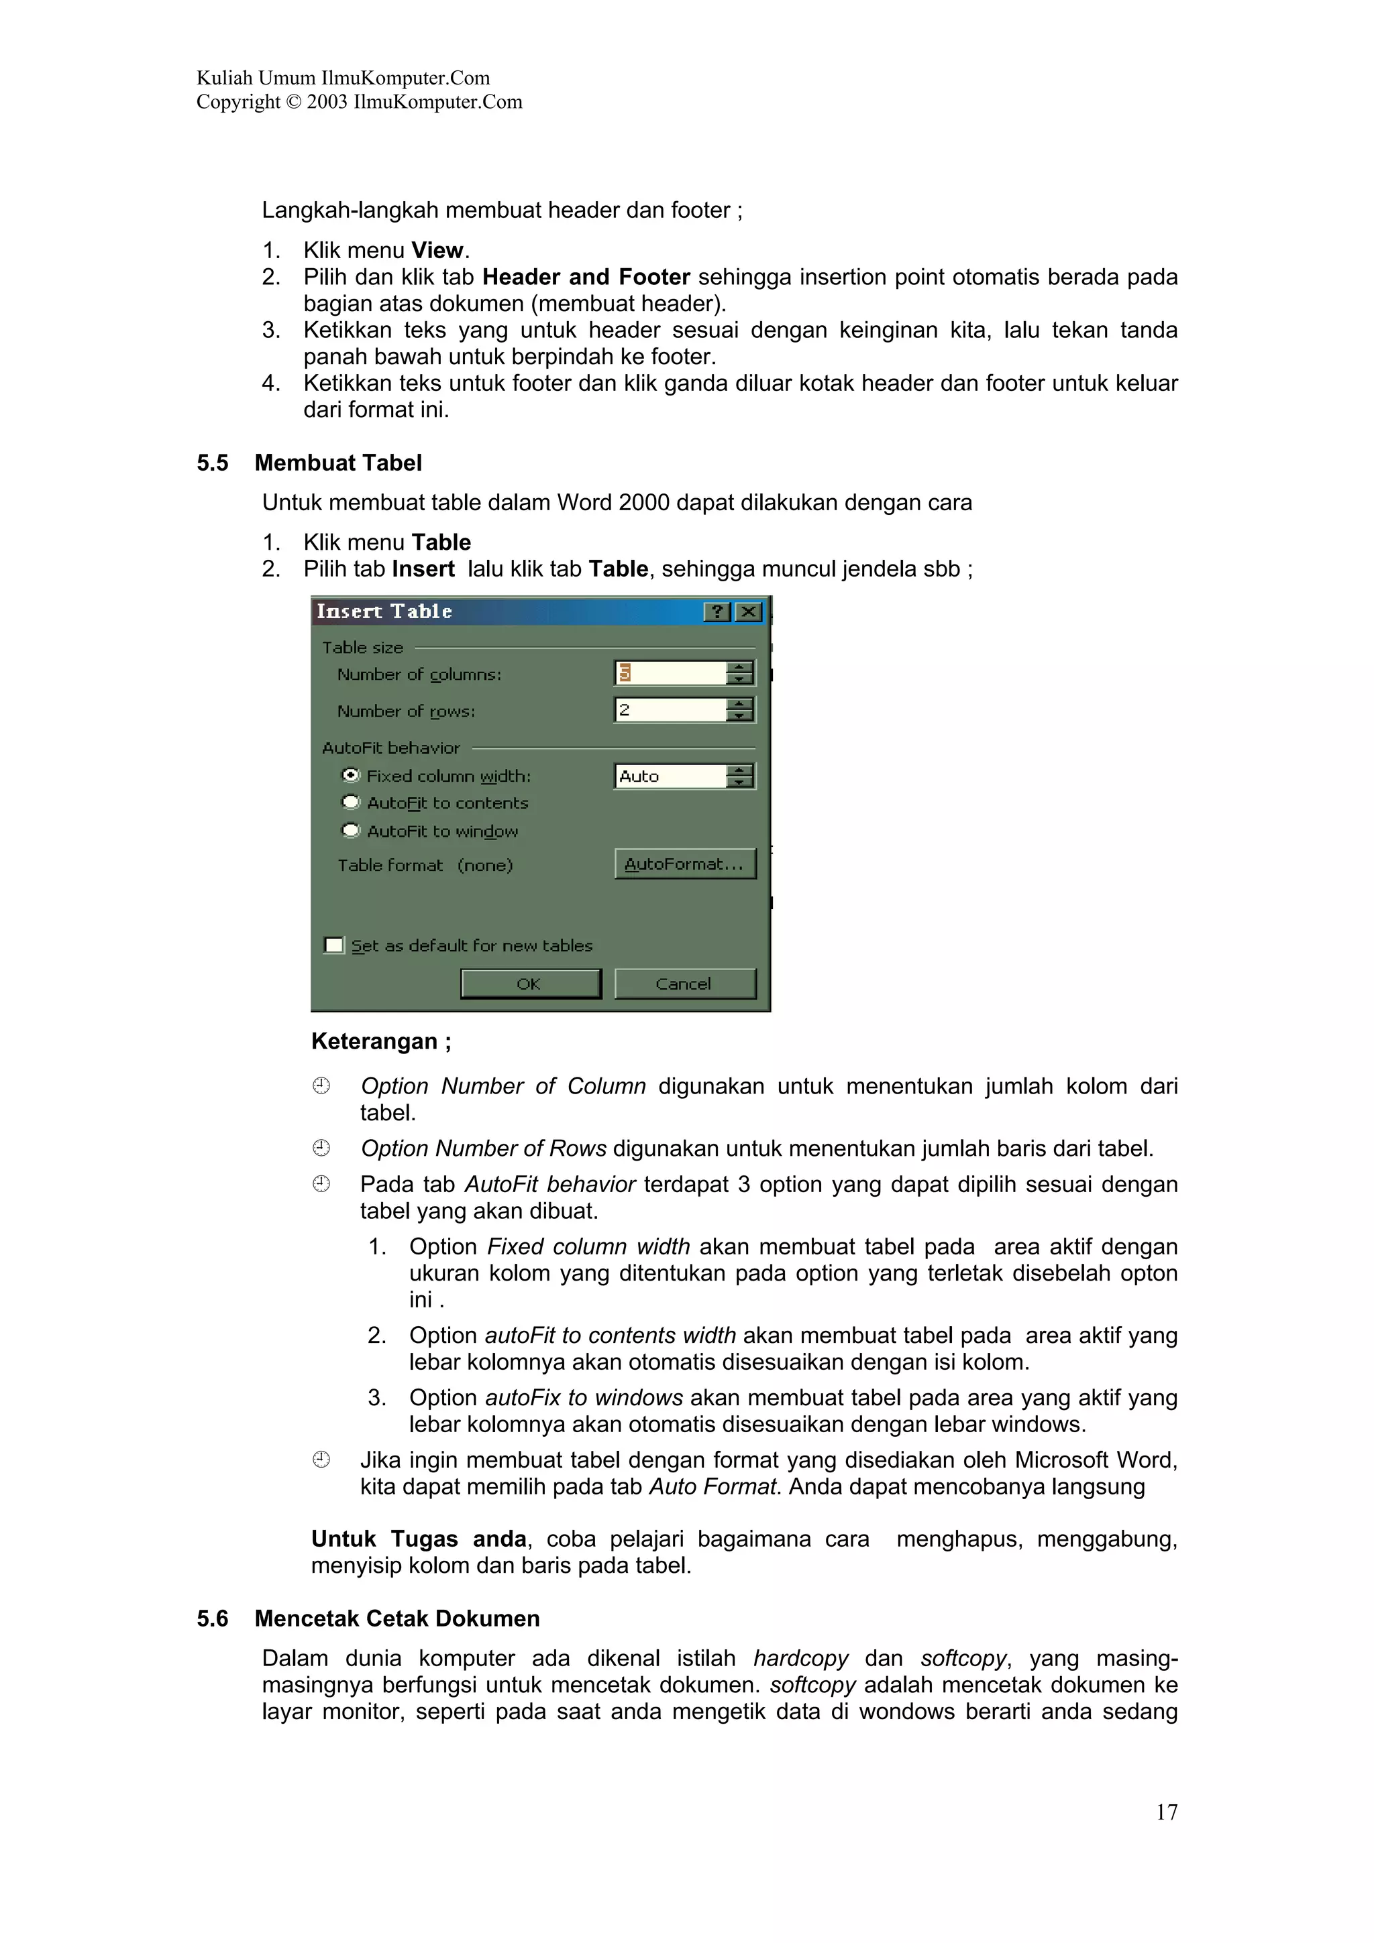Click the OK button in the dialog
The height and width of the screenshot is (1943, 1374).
tap(530, 984)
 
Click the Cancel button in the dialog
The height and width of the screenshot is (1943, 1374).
tap(684, 984)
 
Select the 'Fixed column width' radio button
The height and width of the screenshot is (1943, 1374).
tap(350, 775)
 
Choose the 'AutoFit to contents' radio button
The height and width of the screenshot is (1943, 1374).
tap(350, 803)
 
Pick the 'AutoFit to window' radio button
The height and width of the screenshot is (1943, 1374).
tap(350, 830)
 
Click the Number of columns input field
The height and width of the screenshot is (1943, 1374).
tap(670, 674)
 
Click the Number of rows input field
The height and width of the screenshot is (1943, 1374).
tap(670, 710)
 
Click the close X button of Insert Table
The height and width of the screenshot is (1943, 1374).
tap(748, 612)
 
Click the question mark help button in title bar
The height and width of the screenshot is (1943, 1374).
tap(717, 612)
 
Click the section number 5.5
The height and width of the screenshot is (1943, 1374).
tap(213, 463)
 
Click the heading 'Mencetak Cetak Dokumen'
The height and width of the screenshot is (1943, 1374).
tap(397, 1619)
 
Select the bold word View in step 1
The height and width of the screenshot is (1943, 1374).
tap(437, 251)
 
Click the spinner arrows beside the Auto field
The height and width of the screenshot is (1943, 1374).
tap(741, 776)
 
